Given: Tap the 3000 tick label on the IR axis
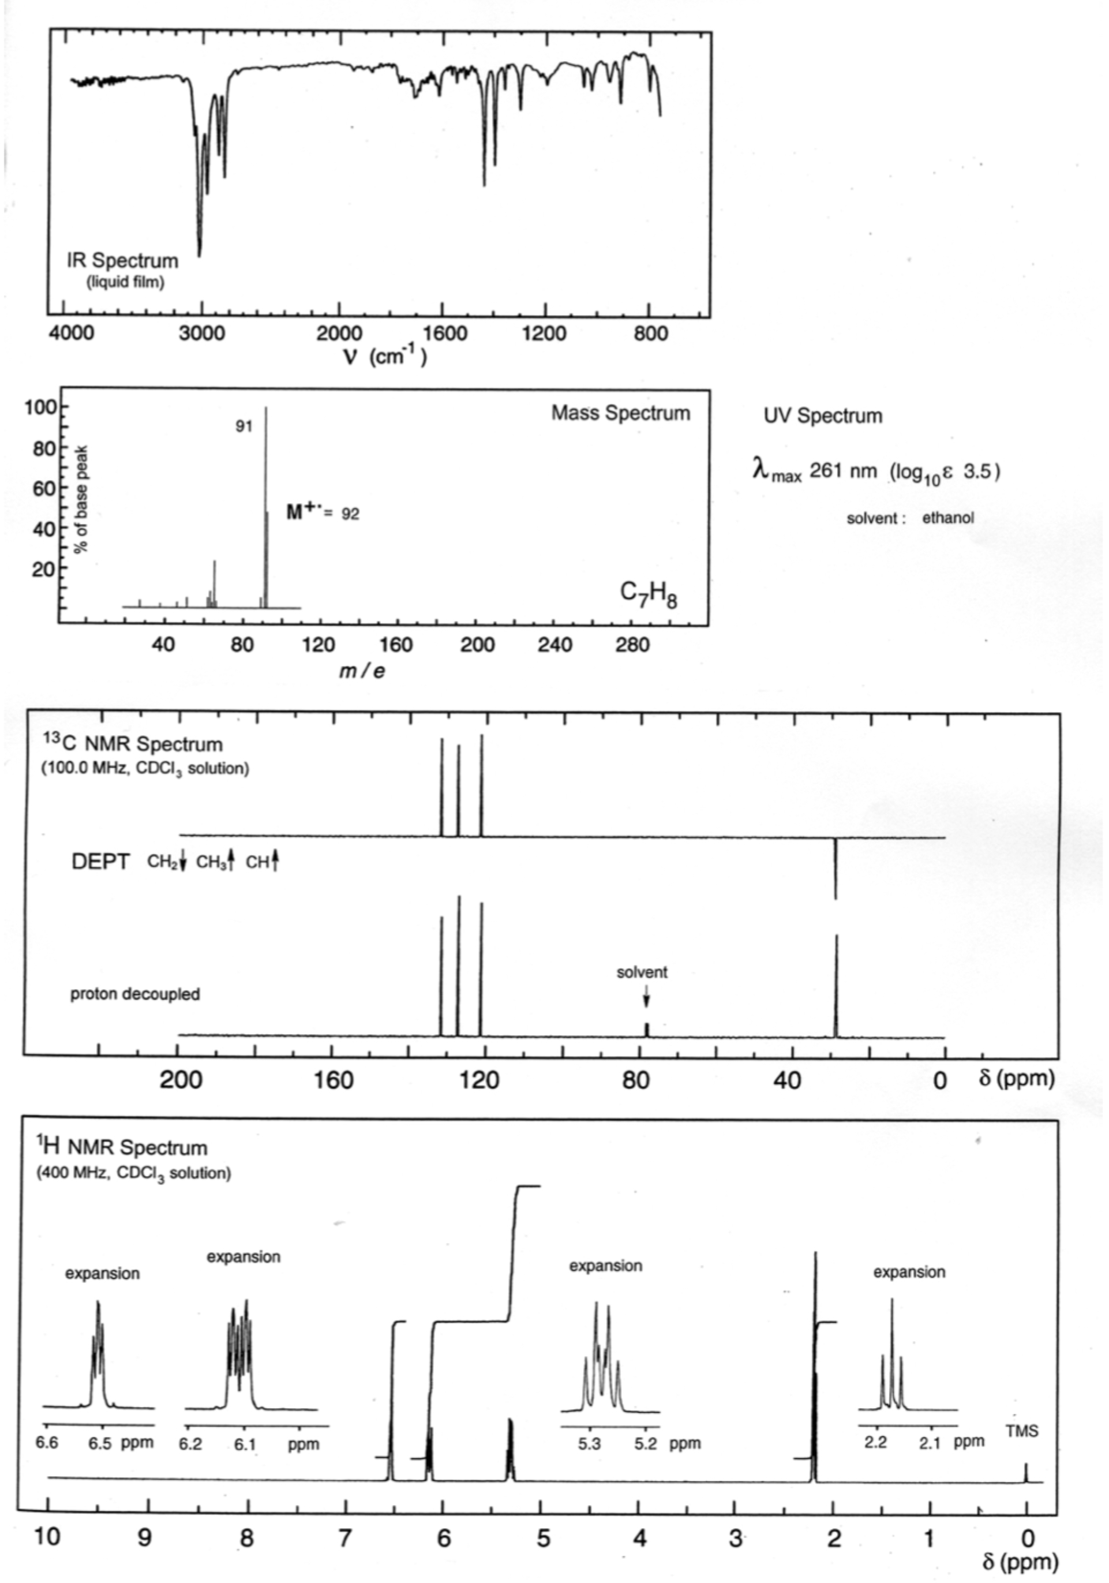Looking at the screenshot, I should [201, 334].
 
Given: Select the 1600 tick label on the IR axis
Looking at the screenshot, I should [440, 334].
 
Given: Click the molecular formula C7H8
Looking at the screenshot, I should [648, 595].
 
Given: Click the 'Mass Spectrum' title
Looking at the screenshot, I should [620, 413].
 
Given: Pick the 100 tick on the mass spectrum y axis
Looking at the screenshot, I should [40, 407].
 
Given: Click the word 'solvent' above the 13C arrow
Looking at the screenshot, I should [642, 972].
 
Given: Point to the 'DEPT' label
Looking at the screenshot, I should [100, 862].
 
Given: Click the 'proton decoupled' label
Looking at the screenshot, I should [135, 994].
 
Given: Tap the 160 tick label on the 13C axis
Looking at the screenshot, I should [334, 1079].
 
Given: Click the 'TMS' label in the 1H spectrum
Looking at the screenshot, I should [1021, 1431].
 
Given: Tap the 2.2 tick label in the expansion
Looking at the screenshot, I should [875, 1442].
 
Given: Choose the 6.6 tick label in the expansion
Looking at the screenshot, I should [47, 1443].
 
